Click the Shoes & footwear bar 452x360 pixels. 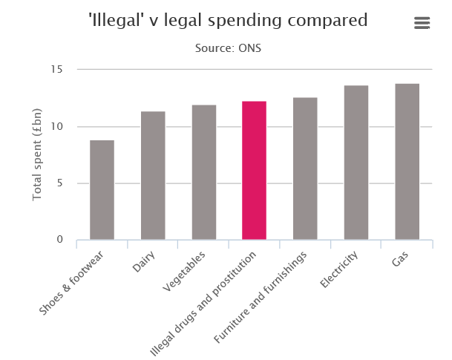pos(102,190)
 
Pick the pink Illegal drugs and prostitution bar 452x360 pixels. pos(254,170)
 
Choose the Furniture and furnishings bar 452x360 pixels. pos(305,168)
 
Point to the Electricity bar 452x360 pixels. pos(356,163)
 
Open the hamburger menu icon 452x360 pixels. pos(422,23)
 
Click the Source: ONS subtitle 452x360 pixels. pos(228,48)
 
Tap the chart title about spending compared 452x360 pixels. pos(228,21)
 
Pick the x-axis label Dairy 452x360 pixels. pos(145,262)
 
